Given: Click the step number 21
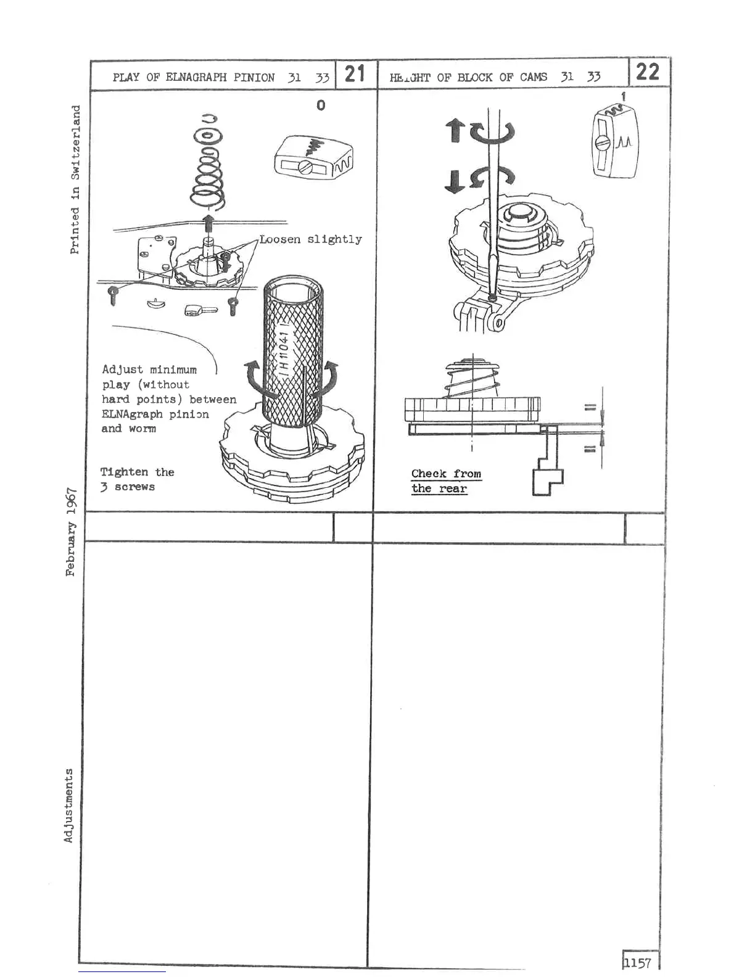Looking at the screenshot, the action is pos(355,74).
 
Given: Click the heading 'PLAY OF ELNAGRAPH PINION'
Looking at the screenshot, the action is pos(193,78).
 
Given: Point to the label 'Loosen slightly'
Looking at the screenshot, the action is pos(310,239).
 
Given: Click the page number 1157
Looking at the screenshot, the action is pos(637,962).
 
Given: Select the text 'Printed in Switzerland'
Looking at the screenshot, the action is pos(75,179).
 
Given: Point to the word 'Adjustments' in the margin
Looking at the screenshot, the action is pos(68,805).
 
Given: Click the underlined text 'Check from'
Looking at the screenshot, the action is pos(446,474).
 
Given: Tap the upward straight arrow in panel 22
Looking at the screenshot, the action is pos(455,130).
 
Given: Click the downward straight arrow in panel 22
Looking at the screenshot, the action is pos(454,181).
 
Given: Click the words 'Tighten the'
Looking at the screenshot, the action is pos(137,472).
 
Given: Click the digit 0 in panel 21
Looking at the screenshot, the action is pos(320,105).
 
